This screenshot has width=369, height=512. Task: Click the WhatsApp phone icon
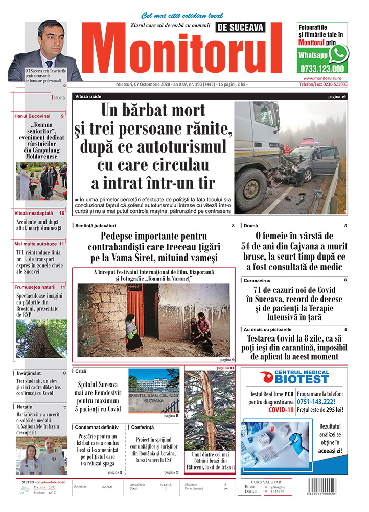pyautogui.click(x=338, y=53)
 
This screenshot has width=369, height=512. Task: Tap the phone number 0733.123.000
pyautogui.click(x=320, y=68)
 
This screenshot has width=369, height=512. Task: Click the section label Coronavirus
pyautogui.click(x=256, y=281)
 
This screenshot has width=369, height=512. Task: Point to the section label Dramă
pyautogui.click(x=251, y=226)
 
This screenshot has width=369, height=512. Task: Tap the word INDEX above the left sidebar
pyautogui.click(x=59, y=97)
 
